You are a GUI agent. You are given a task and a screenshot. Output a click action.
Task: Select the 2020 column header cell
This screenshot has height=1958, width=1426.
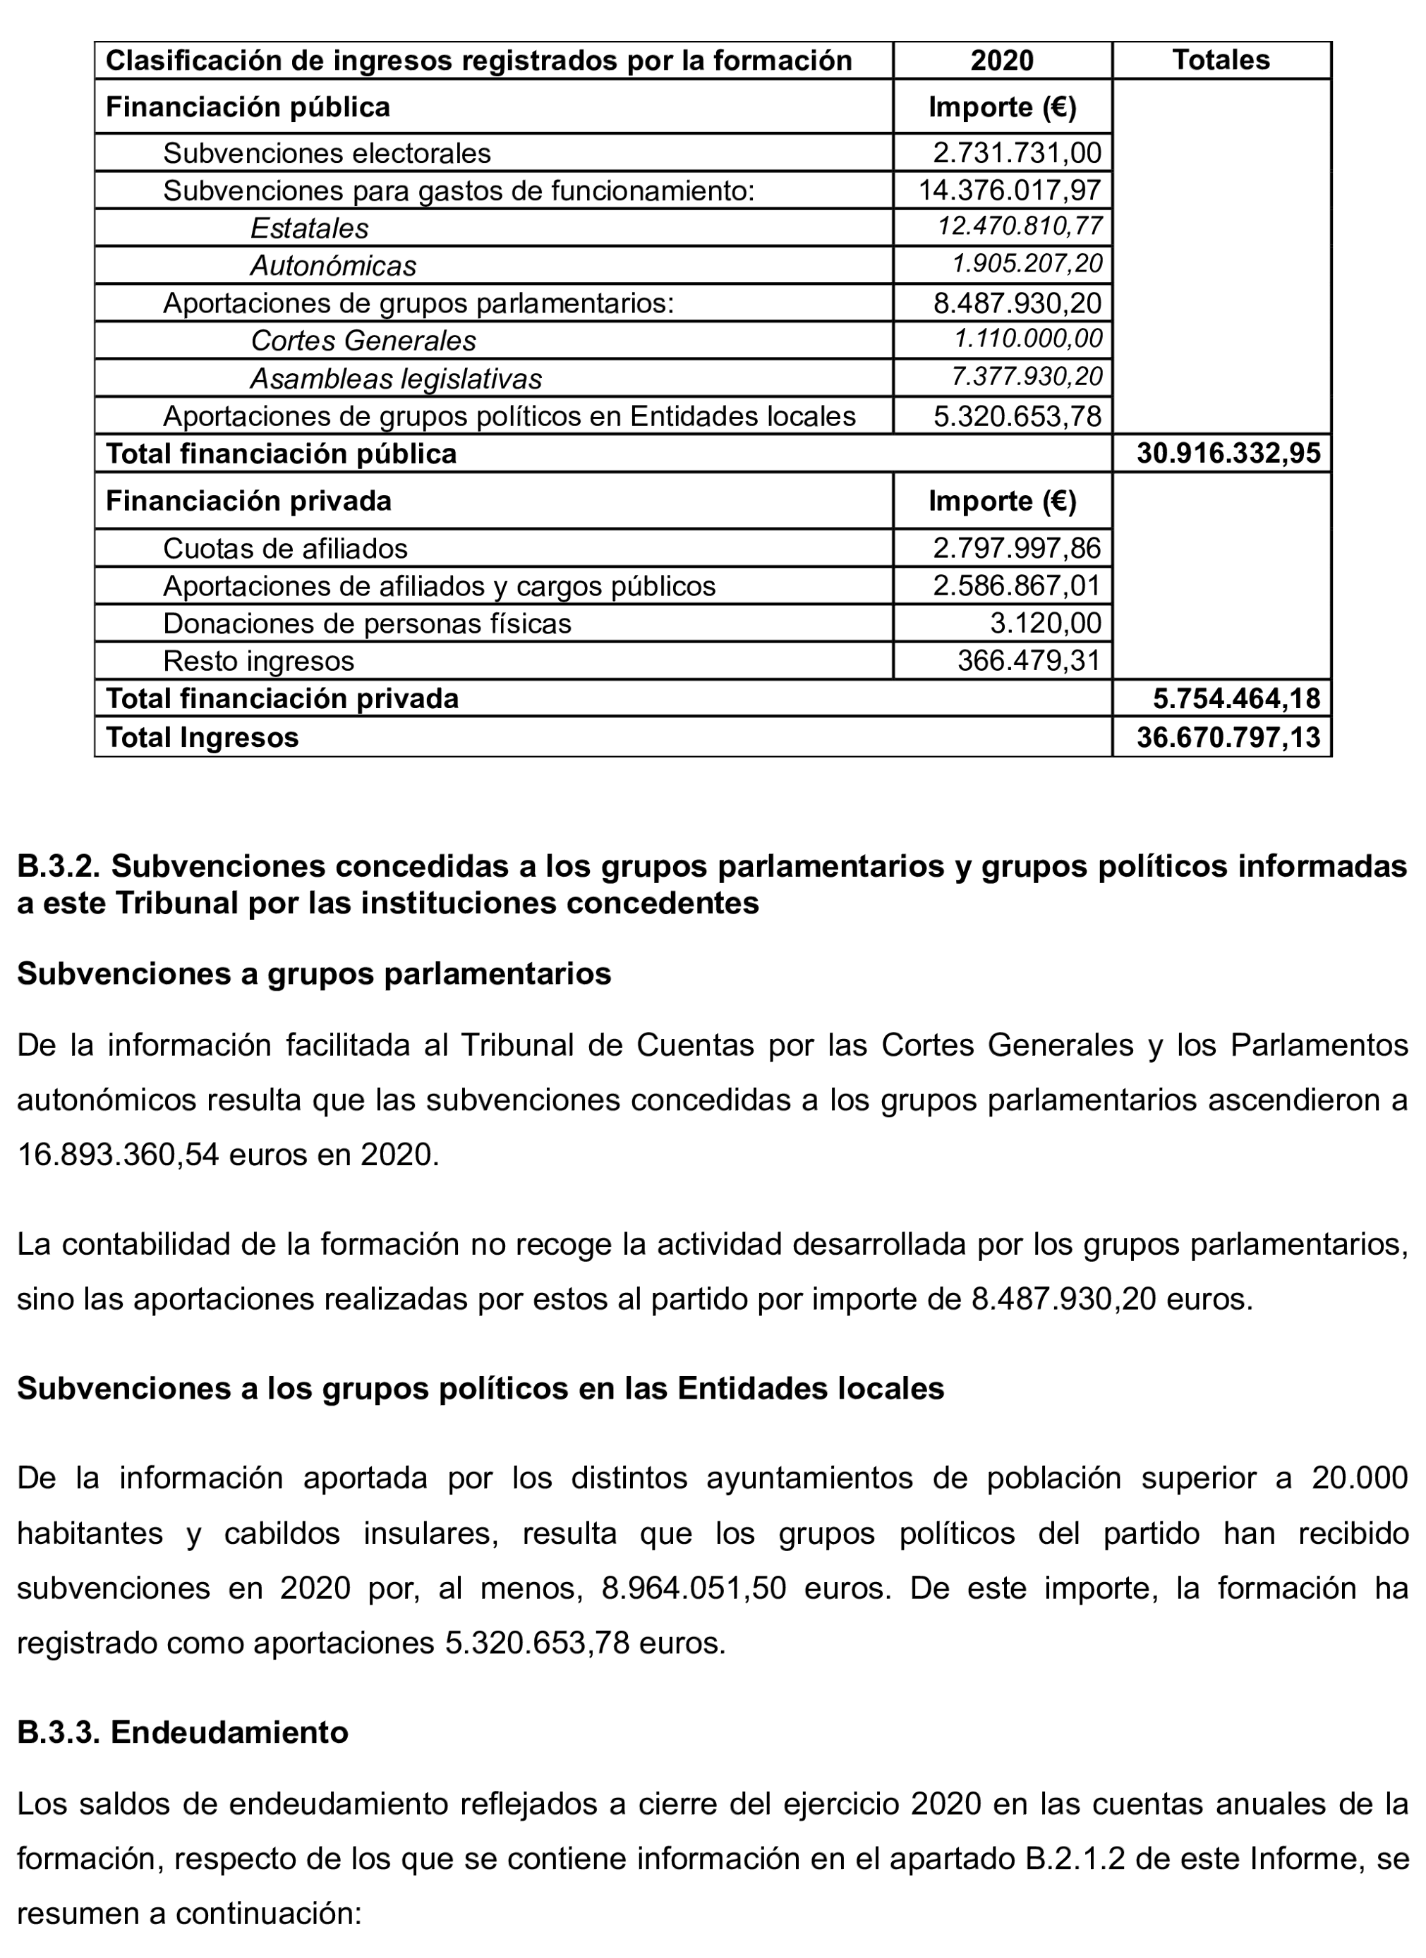[x=1002, y=61]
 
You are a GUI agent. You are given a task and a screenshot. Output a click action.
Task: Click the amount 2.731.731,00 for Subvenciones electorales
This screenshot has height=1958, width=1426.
[x=1017, y=153]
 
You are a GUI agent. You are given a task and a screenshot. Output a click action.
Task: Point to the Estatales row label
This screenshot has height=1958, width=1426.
[x=309, y=228]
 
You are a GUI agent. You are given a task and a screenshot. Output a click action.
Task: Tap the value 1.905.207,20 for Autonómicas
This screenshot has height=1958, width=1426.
[x=1027, y=263]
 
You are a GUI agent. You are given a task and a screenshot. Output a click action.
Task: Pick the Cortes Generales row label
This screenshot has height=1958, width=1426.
[x=363, y=340]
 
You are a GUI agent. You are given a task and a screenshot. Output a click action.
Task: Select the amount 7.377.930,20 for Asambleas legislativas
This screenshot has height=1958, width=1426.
[x=1027, y=377]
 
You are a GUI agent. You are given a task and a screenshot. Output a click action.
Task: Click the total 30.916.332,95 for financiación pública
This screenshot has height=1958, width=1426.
[x=1228, y=454]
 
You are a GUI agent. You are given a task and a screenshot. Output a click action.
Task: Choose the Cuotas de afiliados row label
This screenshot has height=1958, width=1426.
[x=285, y=548]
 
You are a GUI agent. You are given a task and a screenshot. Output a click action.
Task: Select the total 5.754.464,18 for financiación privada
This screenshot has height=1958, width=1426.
[x=1236, y=698]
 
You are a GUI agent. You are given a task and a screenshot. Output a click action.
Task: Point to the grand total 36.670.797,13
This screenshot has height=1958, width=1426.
[x=1228, y=736]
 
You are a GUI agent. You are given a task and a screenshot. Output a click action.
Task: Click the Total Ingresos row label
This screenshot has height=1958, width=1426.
[x=201, y=736]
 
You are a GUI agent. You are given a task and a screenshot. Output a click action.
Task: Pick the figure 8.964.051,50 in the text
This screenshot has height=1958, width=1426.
[x=693, y=1588]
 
